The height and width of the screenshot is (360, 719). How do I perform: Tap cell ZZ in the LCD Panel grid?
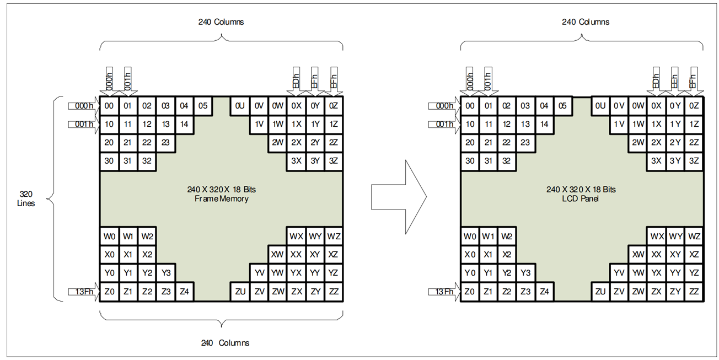[x=694, y=292]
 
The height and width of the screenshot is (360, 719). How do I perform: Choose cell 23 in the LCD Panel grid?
[x=525, y=142]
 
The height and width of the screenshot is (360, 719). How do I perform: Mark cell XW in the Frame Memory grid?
[x=277, y=255]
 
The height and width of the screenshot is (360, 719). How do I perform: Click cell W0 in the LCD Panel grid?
[x=470, y=237]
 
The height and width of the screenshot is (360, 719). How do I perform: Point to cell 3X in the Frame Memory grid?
[x=296, y=161]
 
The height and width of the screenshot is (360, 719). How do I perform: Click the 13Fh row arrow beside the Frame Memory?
[x=83, y=291]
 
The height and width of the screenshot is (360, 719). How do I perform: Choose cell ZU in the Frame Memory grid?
[x=240, y=292]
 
